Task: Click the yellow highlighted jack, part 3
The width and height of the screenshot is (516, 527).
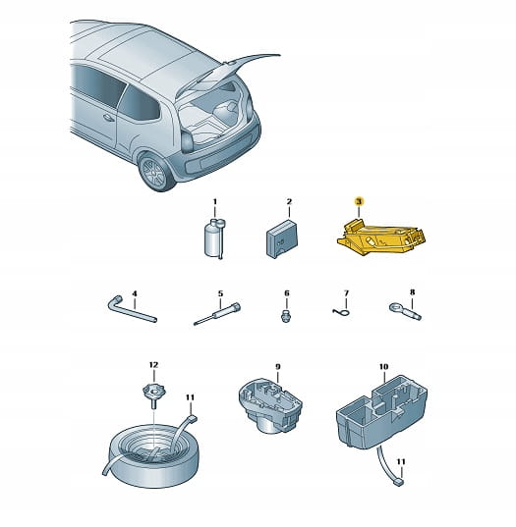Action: pos(381,237)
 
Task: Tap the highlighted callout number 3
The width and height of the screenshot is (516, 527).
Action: pos(359,201)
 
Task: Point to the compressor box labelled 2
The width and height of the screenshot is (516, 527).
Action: pos(282,238)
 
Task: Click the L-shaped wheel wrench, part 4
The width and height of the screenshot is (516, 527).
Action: pos(132,309)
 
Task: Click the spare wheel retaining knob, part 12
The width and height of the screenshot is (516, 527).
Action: pos(153,395)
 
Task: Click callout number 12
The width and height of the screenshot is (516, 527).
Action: pos(153,365)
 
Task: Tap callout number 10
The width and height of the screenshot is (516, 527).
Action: pos(383,367)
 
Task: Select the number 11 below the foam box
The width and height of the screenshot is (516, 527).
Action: pos(401,462)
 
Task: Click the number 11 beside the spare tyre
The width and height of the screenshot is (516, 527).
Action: pos(190,397)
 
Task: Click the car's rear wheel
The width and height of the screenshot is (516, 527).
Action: pos(155,172)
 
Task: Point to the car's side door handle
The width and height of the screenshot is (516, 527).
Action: pos(108,118)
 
